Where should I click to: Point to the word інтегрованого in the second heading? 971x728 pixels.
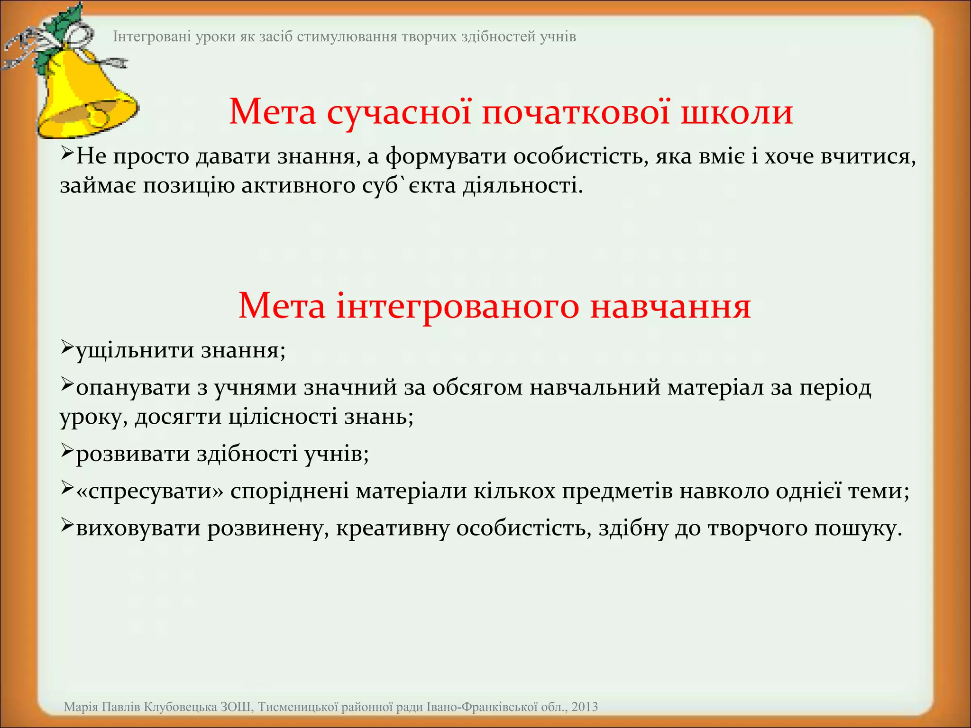[458, 306]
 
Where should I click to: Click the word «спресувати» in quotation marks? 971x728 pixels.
[149, 491]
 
